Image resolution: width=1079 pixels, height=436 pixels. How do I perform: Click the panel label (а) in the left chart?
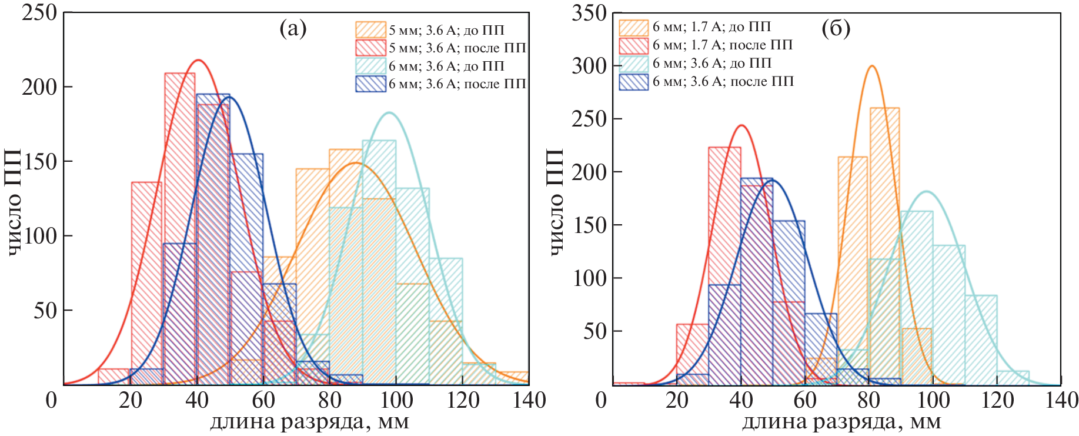[293, 28]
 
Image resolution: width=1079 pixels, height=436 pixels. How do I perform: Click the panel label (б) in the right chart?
[836, 28]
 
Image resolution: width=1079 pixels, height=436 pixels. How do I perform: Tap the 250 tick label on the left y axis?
[39, 12]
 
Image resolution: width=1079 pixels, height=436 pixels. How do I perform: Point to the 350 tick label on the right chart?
[589, 12]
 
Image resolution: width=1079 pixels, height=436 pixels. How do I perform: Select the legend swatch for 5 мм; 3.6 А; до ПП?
[370, 30]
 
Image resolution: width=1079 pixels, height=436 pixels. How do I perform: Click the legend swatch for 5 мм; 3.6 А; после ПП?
[370, 48]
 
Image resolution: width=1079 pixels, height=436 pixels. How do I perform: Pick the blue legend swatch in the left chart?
[370, 84]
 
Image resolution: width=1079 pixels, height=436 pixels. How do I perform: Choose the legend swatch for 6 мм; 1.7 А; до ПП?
[633, 27]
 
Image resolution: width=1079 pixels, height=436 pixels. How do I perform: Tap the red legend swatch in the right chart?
[633, 45]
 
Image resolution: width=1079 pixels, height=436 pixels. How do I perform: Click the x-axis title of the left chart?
[309, 422]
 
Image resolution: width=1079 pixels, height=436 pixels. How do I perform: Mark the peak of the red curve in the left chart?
[199, 60]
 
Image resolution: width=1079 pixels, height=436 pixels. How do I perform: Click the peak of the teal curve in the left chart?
[389, 112]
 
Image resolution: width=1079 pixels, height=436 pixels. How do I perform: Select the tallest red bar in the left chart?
[180, 229]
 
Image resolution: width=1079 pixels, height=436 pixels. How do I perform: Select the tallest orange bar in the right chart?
[884, 247]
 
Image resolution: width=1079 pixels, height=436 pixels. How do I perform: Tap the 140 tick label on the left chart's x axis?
[529, 401]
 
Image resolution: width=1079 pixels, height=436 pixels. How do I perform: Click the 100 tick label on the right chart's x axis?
[933, 401]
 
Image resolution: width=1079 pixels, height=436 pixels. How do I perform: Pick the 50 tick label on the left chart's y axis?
[45, 311]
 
